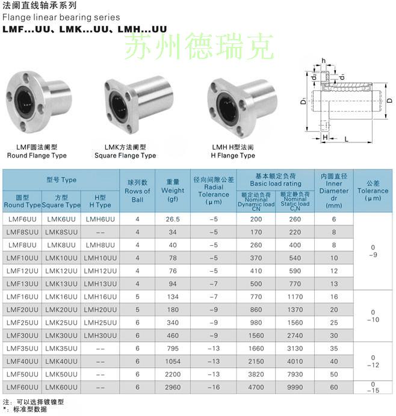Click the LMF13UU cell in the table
point(22,284)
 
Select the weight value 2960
point(173,387)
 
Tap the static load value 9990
point(295,387)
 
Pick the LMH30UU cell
point(100,335)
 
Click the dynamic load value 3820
point(256,375)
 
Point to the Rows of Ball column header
point(137,191)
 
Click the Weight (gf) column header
point(173,191)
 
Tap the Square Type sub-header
point(61,205)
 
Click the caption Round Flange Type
point(37,156)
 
